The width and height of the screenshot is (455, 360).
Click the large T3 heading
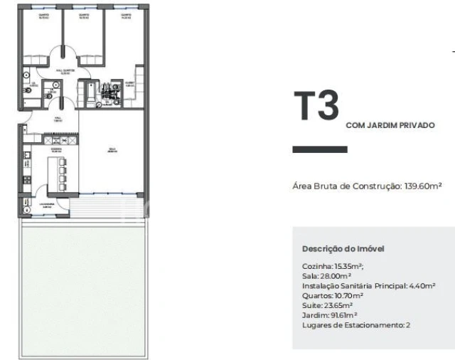[x=316, y=107]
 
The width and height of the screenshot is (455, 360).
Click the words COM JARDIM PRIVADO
[x=390, y=125]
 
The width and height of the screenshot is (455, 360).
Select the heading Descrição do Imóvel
[x=343, y=249]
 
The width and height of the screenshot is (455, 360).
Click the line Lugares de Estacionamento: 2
[x=356, y=325]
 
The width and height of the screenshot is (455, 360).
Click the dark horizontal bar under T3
[x=320, y=149]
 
